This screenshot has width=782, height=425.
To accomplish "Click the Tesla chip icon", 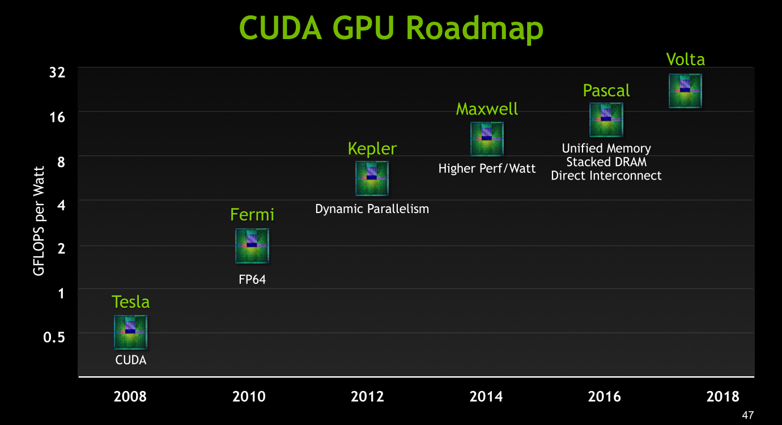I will (x=130, y=332).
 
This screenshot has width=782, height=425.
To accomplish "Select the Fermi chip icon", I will (x=252, y=246).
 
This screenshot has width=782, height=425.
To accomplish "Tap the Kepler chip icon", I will (x=372, y=178).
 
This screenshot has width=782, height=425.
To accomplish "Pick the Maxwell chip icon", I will (x=487, y=139).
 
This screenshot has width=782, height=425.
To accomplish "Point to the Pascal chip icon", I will (x=606, y=120).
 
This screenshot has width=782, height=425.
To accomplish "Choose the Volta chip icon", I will (x=685, y=91).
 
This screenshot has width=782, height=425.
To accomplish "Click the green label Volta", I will (x=685, y=59).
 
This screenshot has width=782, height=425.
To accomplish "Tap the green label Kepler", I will (x=372, y=148).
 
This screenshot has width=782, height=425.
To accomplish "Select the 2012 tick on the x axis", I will (x=367, y=396).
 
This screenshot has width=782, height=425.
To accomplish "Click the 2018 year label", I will (x=723, y=396).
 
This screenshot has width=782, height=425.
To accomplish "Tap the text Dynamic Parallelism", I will (x=372, y=209).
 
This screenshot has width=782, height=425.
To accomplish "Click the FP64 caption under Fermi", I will (x=252, y=279).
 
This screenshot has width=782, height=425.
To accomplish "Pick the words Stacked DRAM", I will (x=606, y=162).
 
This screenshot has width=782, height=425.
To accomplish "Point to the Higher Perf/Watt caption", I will (x=487, y=168).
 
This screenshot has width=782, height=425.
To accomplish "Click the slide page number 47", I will (x=747, y=415).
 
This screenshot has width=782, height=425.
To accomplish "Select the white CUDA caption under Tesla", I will (x=130, y=360).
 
